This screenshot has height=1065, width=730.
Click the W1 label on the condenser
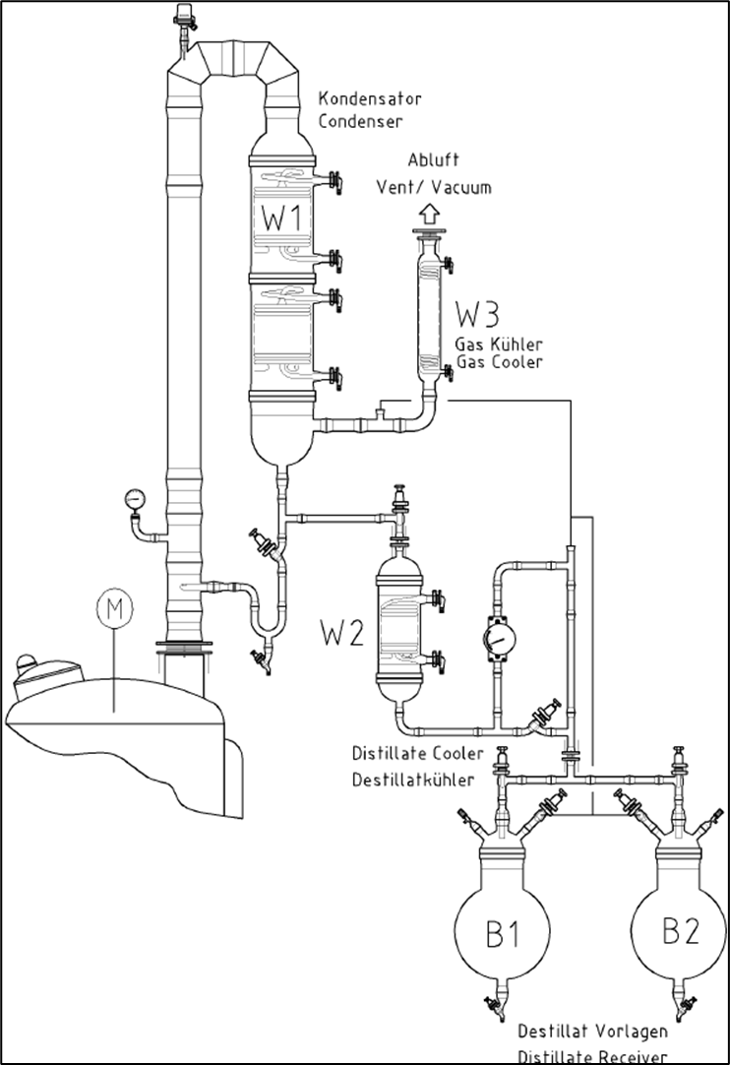coord(280,218)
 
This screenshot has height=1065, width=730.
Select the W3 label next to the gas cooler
coord(477,316)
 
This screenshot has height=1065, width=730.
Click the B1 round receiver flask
coord(503,932)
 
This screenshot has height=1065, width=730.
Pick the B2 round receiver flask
coord(678,930)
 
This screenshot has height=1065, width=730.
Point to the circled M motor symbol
coord(114,610)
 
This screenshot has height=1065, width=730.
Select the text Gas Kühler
coord(498,344)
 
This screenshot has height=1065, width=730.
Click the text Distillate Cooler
coord(417,755)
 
